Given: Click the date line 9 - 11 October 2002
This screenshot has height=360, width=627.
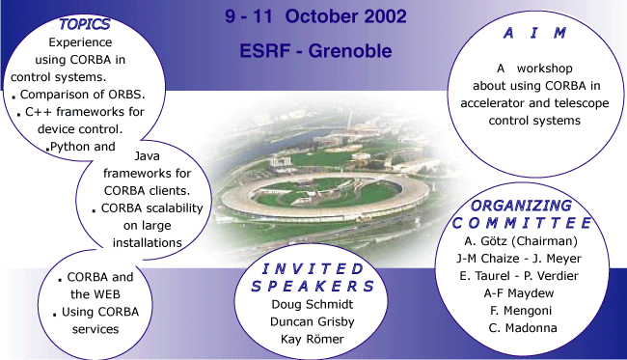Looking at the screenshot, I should (x=315, y=18).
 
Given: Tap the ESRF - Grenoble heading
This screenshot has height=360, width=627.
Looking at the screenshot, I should (x=315, y=50).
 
